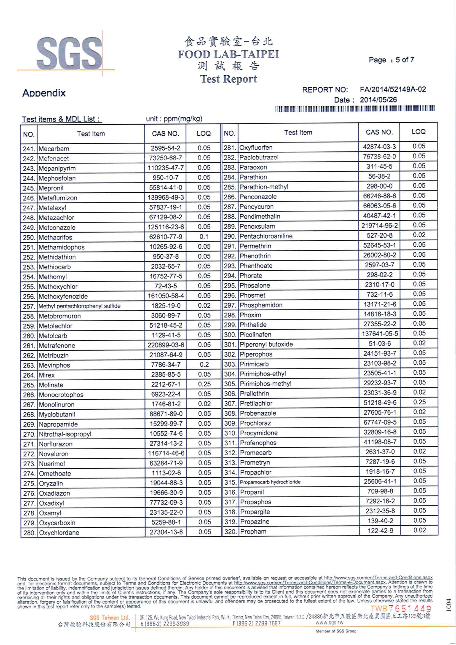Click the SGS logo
pos(69,53)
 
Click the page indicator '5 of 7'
pos(405,60)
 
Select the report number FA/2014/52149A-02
pos(393,90)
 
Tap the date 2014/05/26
pos(378,100)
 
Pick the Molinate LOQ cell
pos(204,384)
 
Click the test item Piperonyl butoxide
pos(266,344)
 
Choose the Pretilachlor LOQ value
pos(419,402)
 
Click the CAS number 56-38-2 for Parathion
pos(379,176)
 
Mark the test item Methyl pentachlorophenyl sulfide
pos(80,306)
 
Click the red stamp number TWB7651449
pos(401,609)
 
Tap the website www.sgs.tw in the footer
pos(329,623)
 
